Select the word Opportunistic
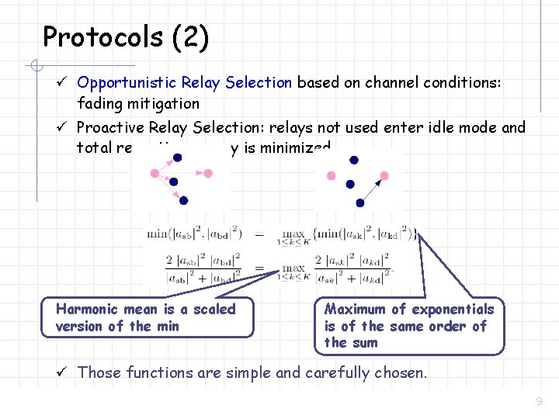click(127, 82)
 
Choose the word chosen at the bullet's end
click(401, 372)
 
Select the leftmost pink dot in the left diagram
click(155, 173)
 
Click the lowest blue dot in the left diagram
click(183, 200)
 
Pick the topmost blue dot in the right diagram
click(354, 160)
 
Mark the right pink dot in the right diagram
click(385, 175)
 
